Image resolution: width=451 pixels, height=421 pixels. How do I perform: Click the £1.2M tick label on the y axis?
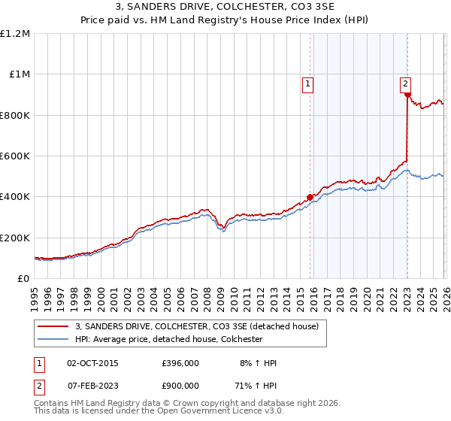tap(15, 34)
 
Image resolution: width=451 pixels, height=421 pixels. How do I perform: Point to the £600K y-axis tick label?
tap(15, 156)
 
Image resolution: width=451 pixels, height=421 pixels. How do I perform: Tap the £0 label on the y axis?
tap(24, 279)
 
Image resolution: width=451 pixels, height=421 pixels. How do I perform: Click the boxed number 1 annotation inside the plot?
tap(309, 85)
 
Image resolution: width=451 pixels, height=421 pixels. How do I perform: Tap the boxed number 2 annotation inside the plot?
tap(405, 85)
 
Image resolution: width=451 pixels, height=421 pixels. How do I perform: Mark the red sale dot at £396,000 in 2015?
tap(310, 198)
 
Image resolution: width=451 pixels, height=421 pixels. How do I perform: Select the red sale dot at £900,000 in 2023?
tap(407, 95)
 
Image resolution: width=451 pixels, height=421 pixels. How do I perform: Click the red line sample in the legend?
tap(53, 326)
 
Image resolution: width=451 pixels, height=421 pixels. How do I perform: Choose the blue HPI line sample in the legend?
tap(53, 339)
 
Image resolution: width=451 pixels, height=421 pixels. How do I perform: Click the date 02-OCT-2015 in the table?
tap(92, 363)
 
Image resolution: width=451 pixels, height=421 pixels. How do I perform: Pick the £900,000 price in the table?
tap(180, 384)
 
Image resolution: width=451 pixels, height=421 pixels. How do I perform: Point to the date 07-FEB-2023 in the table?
tap(92, 384)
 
